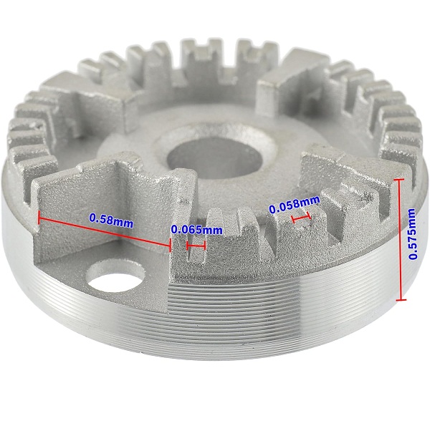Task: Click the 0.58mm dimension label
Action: pyautogui.click(x=111, y=221)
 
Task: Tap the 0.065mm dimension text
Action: pyautogui.click(x=196, y=230)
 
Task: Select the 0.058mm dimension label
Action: pyautogui.click(x=294, y=204)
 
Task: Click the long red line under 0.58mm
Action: pyautogui.click(x=105, y=231)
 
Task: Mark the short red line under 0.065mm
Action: pyautogui.click(x=196, y=246)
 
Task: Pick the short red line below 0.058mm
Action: pyautogui.click(x=301, y=218)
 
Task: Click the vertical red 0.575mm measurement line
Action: pyautogui.click(x=401, y=239)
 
